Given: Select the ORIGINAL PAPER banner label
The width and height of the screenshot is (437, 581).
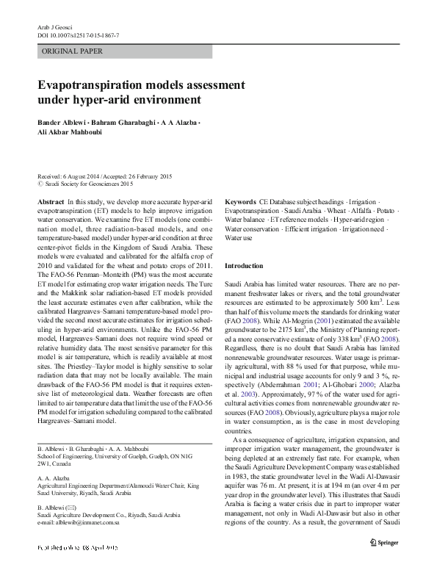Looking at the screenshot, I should point(73,51).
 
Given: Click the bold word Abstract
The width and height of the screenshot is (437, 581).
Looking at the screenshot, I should point(50,201).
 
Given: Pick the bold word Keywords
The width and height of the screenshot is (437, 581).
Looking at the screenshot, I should point(240,201).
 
